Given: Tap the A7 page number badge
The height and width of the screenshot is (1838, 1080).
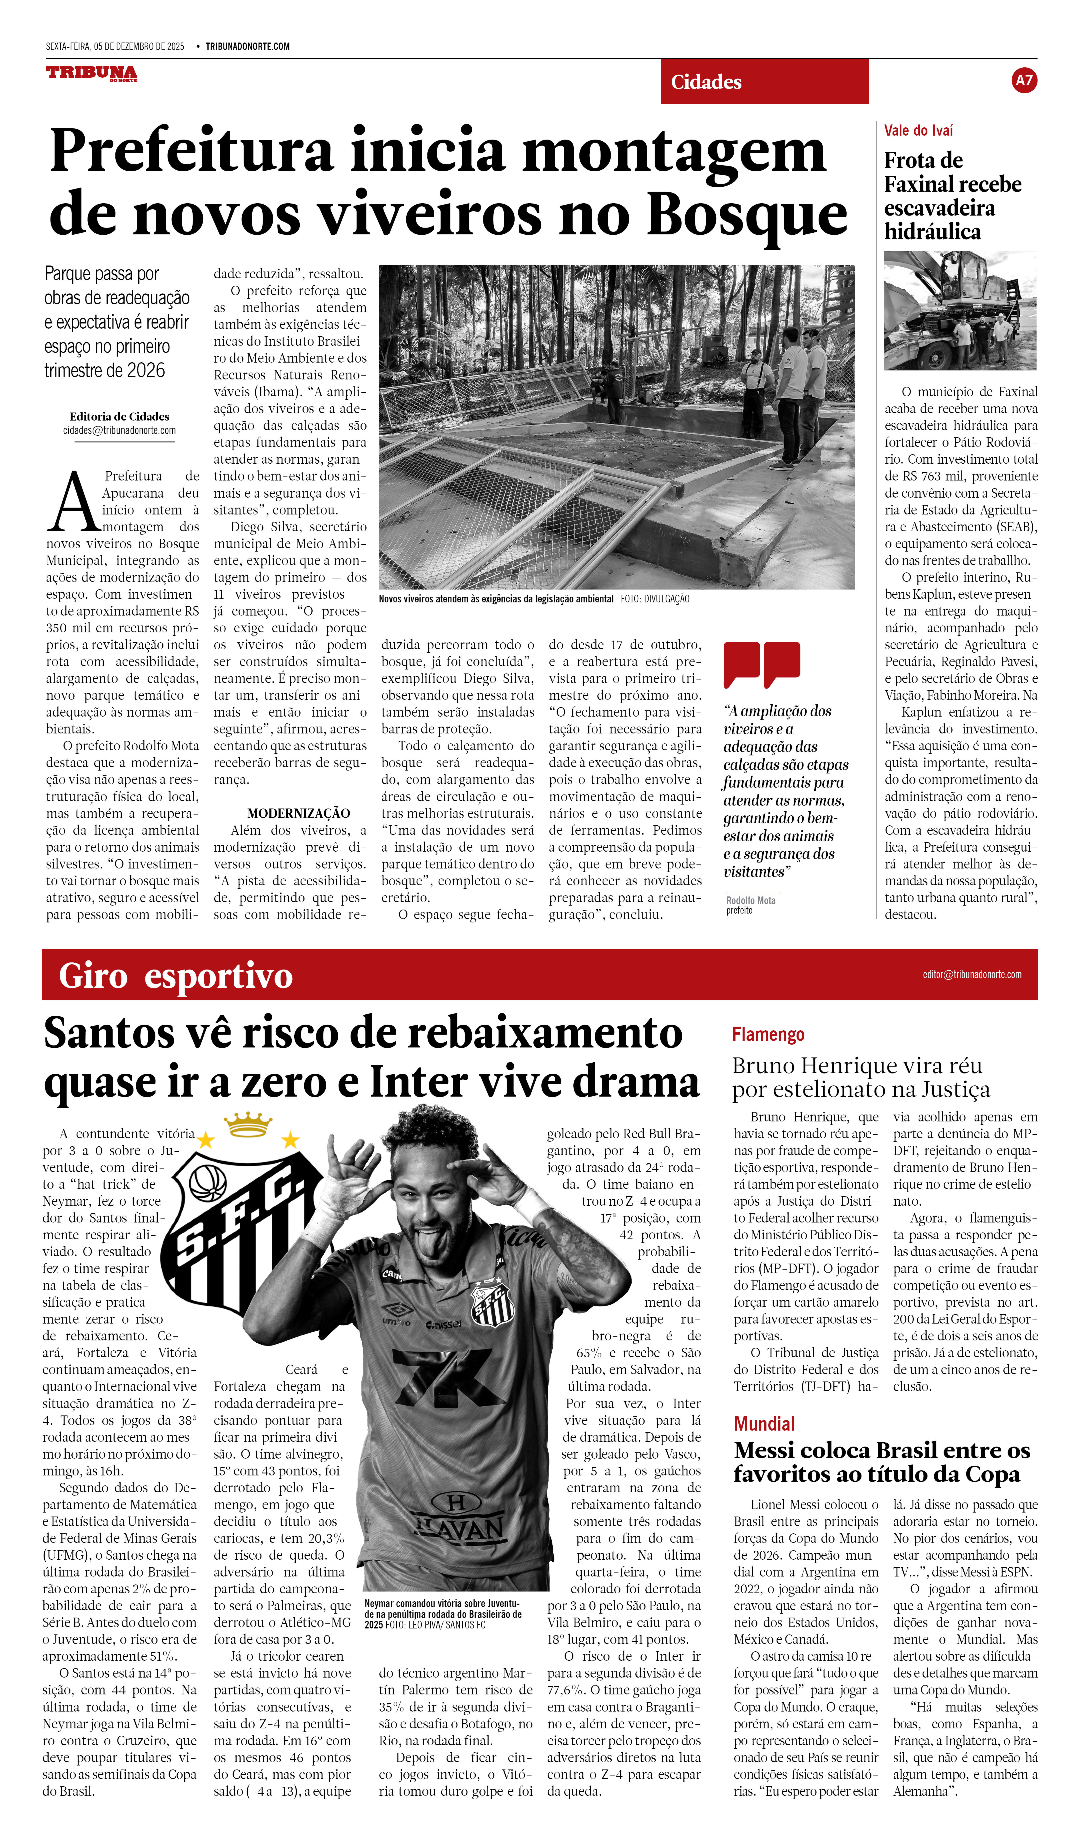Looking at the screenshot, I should (x=1024, y=80).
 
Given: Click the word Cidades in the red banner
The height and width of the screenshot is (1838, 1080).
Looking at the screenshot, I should (x=706, y=82).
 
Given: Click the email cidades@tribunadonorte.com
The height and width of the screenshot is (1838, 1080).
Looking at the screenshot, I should (x=119, y=430).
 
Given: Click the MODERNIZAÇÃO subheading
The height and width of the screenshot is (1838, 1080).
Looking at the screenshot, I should (x=299, y=813).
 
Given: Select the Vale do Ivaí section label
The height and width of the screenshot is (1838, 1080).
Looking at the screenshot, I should (x=918, y=130).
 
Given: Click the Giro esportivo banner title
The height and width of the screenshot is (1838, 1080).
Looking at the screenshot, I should (x=175, y=976).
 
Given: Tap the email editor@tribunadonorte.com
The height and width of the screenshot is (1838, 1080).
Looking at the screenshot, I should (x=971, y=974).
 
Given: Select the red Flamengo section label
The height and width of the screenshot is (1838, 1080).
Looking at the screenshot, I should (x=768, y=1034).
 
